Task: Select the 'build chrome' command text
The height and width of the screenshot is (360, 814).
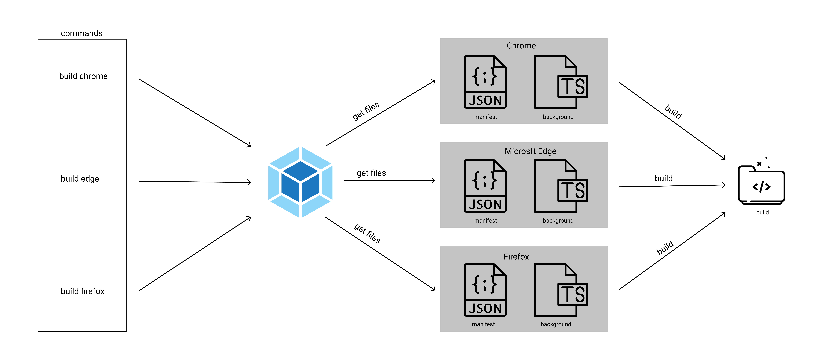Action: (83, 76)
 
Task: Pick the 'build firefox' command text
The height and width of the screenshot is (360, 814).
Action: (82, 291)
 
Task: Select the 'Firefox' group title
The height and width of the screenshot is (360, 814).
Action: (516, 257)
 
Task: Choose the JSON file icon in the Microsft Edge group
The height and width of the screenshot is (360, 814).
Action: (485, 186)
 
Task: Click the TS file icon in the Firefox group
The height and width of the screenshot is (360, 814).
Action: (561, 290)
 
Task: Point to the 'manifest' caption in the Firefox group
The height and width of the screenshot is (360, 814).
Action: (483, 324)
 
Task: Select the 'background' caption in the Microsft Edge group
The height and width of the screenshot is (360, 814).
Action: (558, 221)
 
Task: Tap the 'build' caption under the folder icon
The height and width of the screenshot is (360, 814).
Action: (762, 212)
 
